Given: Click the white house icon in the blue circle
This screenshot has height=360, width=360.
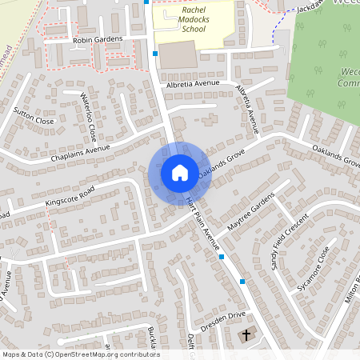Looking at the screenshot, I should [179, 173].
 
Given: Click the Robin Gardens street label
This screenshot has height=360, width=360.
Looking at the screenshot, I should [98, 38].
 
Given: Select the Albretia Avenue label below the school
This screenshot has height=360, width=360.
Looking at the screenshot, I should [193, 83].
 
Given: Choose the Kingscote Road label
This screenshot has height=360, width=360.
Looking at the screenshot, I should [70, 196].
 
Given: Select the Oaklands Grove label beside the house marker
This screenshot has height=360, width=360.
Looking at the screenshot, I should [221, 165].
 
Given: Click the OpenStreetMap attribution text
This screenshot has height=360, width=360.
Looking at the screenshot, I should [80, 354].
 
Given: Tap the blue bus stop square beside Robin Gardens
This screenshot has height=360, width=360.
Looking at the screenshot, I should [154, 54].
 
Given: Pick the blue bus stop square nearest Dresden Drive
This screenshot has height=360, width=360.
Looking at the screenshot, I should [242, 282].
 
